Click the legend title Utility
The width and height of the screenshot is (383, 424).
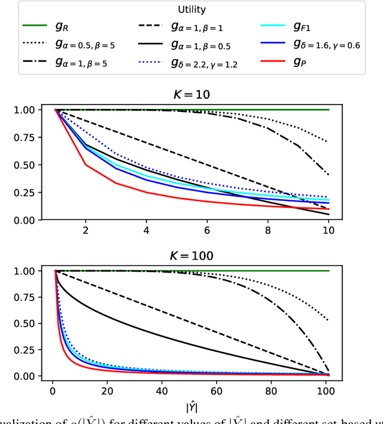192,10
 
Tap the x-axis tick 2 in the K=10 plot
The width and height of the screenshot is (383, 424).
86,231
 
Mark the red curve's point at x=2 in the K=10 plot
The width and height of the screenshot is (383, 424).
86,165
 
